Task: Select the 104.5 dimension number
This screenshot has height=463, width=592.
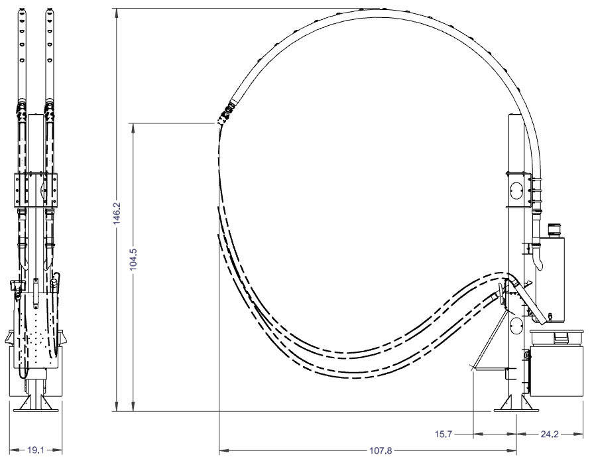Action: coord(133,259)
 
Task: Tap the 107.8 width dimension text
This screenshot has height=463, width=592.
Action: coord(381,450)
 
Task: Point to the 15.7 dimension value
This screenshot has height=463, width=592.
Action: coord(444,434)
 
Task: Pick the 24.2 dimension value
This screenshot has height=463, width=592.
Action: coord(549,434)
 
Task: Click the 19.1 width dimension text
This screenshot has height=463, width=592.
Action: coord(36,450)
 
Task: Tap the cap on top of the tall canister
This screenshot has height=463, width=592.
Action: coord(554,230)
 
